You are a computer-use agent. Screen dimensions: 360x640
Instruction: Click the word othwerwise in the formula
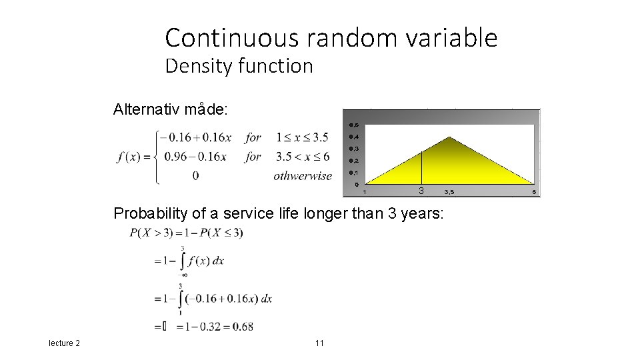click(302, 176)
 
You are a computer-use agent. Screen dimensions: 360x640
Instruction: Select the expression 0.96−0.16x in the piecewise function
click(197, 157)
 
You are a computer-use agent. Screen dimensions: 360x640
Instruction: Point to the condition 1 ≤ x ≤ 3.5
click(302, 137)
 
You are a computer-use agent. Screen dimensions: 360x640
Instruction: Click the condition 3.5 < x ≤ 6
click(302, 157)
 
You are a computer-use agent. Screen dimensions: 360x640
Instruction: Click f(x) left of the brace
click(132, 157)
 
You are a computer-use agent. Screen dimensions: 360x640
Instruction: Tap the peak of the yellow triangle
click(451, 138)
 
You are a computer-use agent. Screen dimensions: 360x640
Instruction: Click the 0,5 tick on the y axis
click(353, 125)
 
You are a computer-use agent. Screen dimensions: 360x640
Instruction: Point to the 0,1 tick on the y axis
click(353, 173)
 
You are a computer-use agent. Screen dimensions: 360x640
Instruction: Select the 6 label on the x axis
click(534, 192)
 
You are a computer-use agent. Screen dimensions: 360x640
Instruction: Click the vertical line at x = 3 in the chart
click(421, 167)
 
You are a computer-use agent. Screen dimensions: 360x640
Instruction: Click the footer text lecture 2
click(64, 343)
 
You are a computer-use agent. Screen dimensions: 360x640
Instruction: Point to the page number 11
click(319, 343)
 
